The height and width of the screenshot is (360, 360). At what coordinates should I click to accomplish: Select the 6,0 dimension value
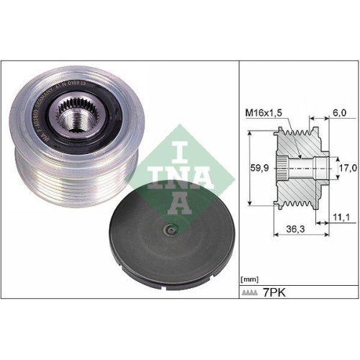tap(338, 113)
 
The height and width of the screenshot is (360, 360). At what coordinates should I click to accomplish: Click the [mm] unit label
tap(249, 279)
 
